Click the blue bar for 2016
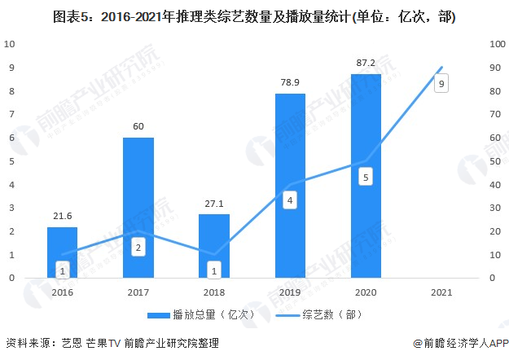coord(62,252)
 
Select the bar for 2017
coord(138,207)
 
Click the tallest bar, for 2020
coord(366,175)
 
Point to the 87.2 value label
coord(366,63)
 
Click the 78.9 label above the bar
coord(290,82)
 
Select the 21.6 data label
coord(62,215)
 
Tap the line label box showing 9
coord(441,83)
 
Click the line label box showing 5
coord(366,177)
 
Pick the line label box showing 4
coord(290,200)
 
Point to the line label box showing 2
coord(138,247)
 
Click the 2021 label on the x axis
coord(441,291)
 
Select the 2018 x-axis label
coord(214,291)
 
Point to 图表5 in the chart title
coord(72,16)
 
